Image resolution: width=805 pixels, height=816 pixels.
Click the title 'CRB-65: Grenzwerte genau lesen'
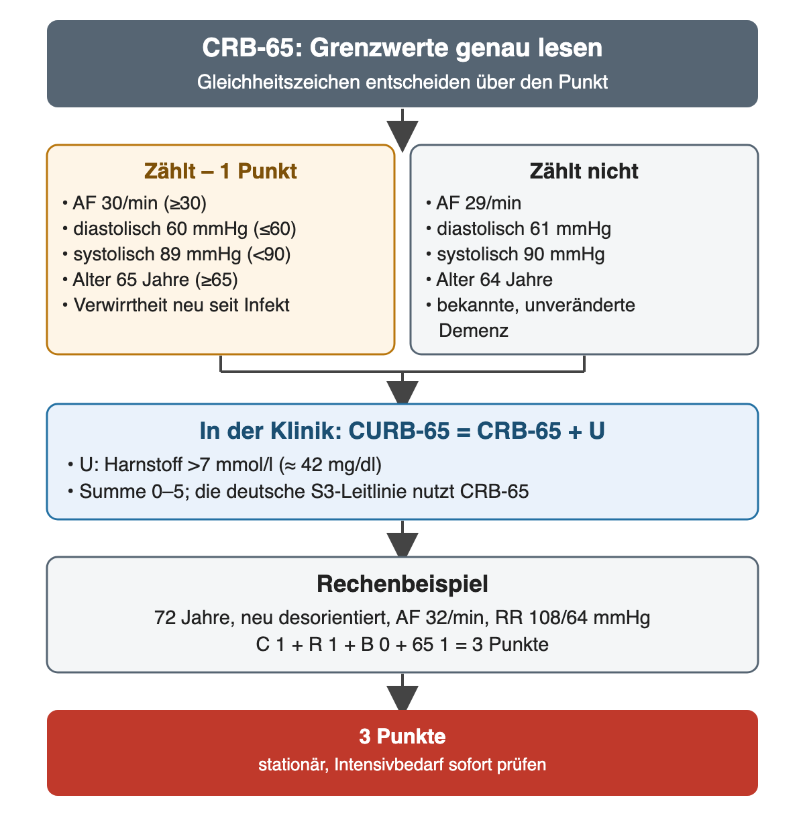[x=402, y=48]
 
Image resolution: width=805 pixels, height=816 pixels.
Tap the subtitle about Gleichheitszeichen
[x=402, y=82]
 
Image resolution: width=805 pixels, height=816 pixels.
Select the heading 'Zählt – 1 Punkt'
[x=220, y=171]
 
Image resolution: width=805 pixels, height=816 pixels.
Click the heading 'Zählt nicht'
[x=584, y=171]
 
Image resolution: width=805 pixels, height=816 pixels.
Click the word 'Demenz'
[x=473, y=330]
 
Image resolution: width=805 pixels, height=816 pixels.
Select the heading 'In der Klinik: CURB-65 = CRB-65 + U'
[x=402, y=431]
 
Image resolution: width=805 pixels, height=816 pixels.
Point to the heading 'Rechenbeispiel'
[x=402, y=584]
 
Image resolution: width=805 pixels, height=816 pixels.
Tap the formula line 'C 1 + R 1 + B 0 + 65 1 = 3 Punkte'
[x=402, y=644]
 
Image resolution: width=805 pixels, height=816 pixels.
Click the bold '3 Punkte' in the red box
[x=402, y=736]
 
